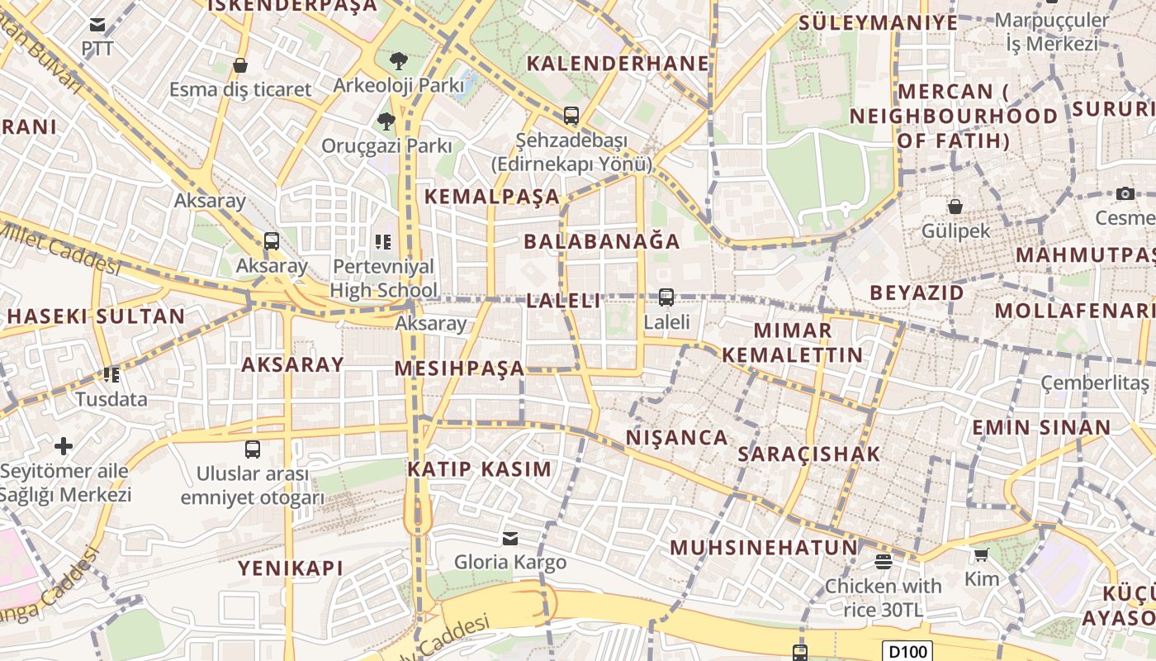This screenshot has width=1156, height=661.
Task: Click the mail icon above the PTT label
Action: pos(97,25)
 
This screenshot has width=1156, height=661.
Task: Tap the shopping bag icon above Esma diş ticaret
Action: pos(240,65)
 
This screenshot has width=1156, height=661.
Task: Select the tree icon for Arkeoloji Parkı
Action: pos(398,60)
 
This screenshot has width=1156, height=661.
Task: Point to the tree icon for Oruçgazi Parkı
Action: pos(386,122)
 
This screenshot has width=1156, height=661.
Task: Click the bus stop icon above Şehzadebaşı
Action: pos(571,116)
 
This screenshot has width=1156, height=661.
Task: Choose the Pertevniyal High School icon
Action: pos(382,241)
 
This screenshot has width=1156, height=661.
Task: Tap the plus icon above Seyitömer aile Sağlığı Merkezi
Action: pos(64,447)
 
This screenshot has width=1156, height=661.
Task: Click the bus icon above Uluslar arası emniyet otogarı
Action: pos(253,449)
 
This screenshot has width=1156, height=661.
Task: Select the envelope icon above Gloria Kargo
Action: pos(510,539)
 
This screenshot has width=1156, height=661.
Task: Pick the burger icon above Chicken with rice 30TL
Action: pos(883,562)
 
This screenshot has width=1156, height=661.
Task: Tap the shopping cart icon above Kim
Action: pos(981,554)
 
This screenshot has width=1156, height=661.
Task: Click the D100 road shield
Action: pos(907,651)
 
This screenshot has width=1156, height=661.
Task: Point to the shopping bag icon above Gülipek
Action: pos(955,207)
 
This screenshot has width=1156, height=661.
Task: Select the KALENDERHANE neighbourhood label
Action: pos(618,64)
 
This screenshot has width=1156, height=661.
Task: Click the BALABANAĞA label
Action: pos(602,241)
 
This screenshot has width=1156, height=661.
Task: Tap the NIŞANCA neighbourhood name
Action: pos(677,437)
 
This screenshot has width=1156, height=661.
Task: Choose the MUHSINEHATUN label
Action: pos(764,547)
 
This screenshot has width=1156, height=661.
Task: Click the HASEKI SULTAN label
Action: pos(96,316)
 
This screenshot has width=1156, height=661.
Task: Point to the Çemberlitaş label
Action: pos(1094,383)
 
